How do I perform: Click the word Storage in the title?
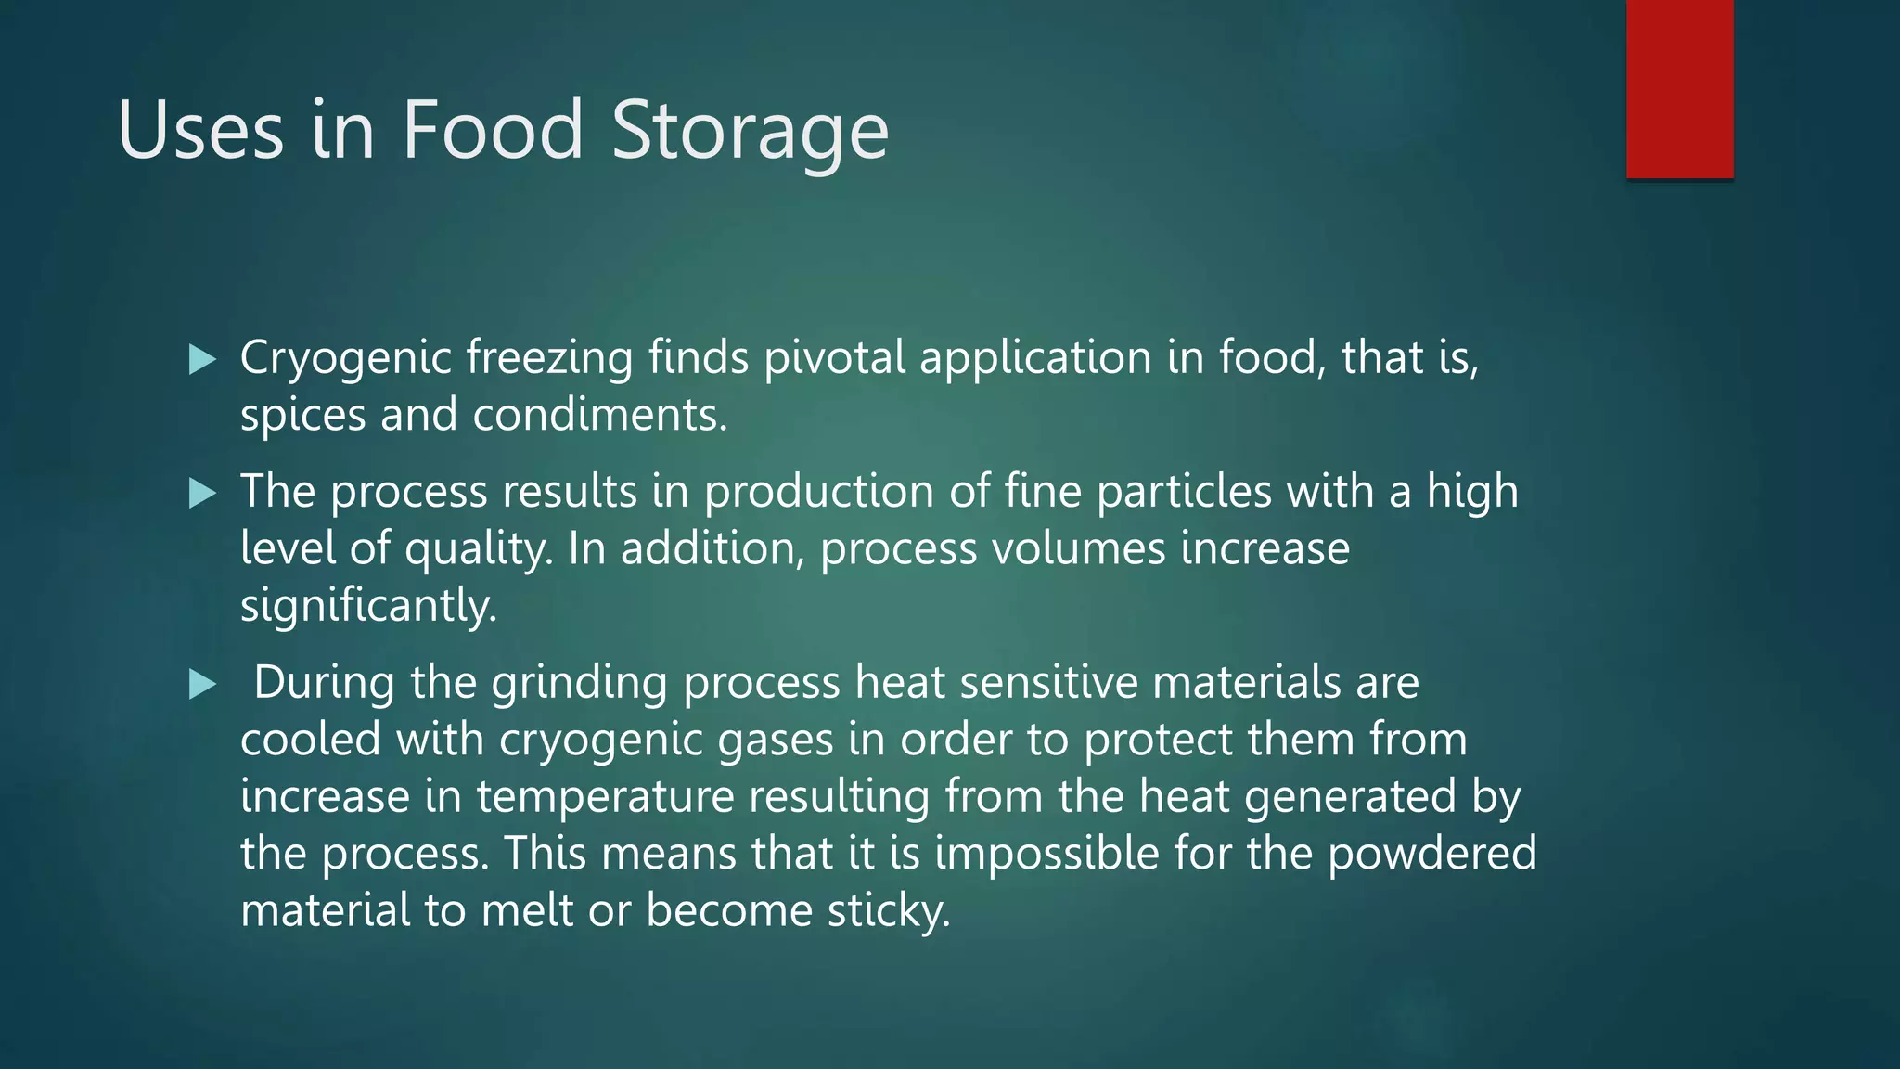[750, 131]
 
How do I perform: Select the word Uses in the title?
[200, 131]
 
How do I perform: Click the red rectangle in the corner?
[1679, 88]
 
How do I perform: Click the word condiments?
[599, 415]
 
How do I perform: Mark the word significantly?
[368, 608]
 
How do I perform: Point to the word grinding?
[579, 685]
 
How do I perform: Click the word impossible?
[1046, 855]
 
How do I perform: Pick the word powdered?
[1431, 855]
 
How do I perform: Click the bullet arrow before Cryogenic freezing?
[202, 359]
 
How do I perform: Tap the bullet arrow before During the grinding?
[202, 686]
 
